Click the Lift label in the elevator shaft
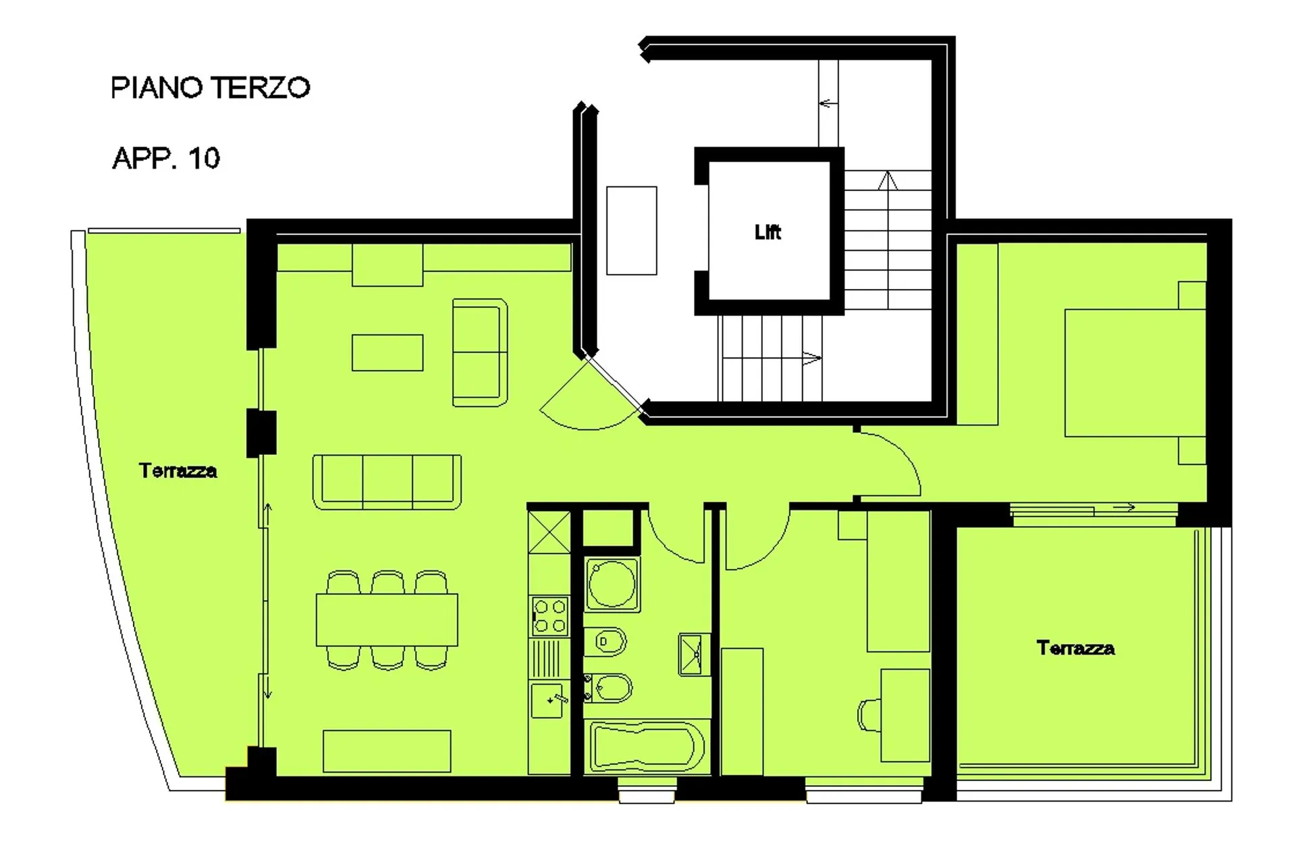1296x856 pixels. tap(767, 232)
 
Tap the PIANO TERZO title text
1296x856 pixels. tap(210, 88)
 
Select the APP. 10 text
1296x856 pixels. tap(166, 159)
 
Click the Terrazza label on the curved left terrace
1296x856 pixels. tap(178, 471)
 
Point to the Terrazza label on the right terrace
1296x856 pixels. tap(1076, 648)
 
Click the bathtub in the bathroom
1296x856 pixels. tap(647, 746)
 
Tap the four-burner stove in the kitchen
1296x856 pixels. tap(549, 616)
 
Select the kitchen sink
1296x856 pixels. tap(547, 700)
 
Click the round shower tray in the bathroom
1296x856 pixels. tap(612, 584)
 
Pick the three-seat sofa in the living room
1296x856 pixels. tap(387, 481)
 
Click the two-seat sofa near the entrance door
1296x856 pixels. tap(480, 352)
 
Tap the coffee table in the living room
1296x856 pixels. tap(387, 352)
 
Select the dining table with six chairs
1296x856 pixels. tap(387, 620)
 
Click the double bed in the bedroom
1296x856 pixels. tap(1135, 373)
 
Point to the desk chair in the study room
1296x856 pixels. tap(869, 716)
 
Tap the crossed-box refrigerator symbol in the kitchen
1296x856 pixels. tap(549, 532)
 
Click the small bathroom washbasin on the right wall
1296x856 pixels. tap(694, 654)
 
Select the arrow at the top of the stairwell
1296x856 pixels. tap(828, 103)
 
